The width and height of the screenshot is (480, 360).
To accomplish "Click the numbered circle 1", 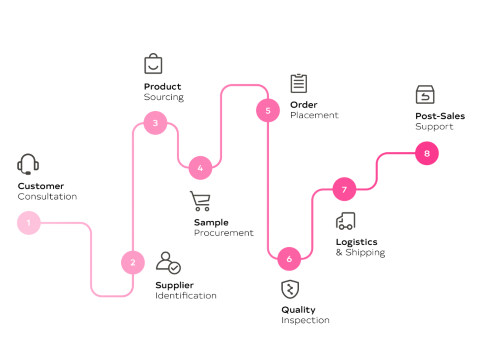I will [x=29, y=222].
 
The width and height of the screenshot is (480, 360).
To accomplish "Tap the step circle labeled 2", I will [x=133, y=262].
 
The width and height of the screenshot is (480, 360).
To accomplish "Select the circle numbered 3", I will [x=155, y=123].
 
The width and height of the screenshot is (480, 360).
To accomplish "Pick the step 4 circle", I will [x=200, y=168].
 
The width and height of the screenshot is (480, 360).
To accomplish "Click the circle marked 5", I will [x=268, y=110].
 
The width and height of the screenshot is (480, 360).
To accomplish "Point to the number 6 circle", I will [x=289, y=259].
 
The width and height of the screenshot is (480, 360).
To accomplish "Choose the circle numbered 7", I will [x=344, y=189].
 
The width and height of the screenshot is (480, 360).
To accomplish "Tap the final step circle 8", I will [x=427, y=153].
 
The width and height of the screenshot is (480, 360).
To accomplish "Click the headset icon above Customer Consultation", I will [x=28, y=164].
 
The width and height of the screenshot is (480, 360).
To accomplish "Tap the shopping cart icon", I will [x=200, y=201].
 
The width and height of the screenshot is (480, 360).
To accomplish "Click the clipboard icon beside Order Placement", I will [x=298, y=83].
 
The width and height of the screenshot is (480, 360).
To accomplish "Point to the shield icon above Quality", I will [x=290, y=290].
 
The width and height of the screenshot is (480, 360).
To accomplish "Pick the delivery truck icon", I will [x=346, y=221].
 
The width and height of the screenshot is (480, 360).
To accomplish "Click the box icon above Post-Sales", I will [x=425, y=95].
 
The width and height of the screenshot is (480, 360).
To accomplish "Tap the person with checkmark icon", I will [x=168, y=263].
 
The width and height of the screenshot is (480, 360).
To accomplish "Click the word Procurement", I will [x=224, y=233].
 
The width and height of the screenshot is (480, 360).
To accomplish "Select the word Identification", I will [x=186, y=296].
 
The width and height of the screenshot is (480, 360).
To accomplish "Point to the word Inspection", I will [x=305, y=320].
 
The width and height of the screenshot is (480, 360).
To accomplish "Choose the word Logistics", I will [x=356, y=242].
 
